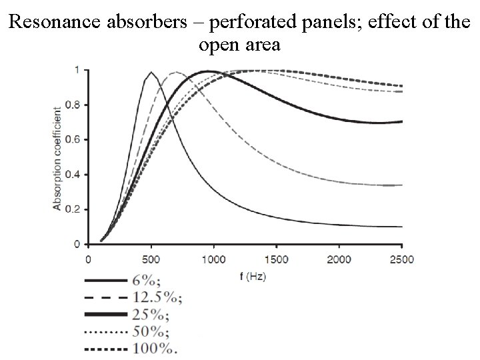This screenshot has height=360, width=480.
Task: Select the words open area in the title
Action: (x=239, y=45)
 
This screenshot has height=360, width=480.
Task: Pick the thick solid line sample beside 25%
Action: (x=106, y=314)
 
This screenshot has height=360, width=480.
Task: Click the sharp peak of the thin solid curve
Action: (x=151, y=72)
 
